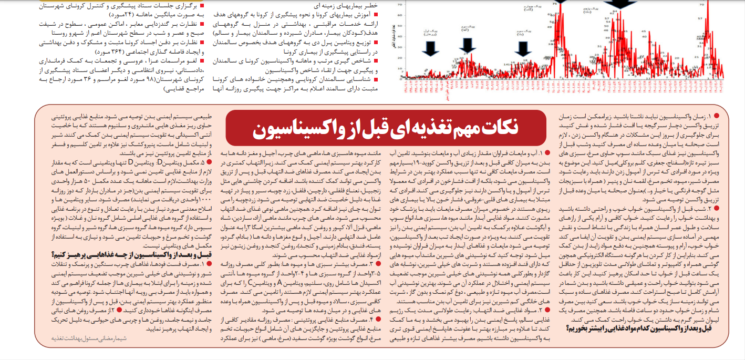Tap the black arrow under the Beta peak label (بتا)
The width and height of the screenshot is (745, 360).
click(522, 48)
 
